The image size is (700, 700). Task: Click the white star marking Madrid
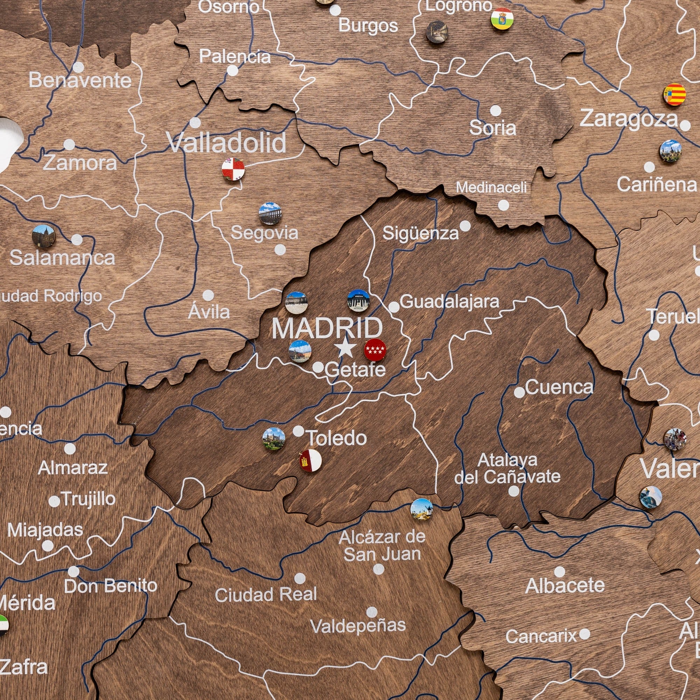point(346,348)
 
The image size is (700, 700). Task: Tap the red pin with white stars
point(374,350)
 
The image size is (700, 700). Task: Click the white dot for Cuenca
point(519,392)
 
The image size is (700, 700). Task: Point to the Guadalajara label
point(449,301)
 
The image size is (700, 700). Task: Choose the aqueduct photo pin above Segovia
point(270,213)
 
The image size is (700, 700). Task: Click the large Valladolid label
point(226,143)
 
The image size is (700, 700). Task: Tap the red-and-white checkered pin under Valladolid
point(233,169)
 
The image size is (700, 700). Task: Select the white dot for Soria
point(495,111)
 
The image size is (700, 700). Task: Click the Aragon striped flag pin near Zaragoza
point(674,94)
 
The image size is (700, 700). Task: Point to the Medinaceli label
point(491,187)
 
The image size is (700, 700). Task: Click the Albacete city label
point(565,586)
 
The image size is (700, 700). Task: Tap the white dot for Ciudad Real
point(300,578)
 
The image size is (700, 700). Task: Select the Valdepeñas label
point(358,626)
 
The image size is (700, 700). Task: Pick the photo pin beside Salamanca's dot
point(43,236)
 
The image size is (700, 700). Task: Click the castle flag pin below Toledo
point(310,461)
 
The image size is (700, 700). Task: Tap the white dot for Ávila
point(208,295)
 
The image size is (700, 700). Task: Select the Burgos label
point(368,26)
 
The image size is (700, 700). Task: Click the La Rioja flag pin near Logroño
point(502,19)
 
